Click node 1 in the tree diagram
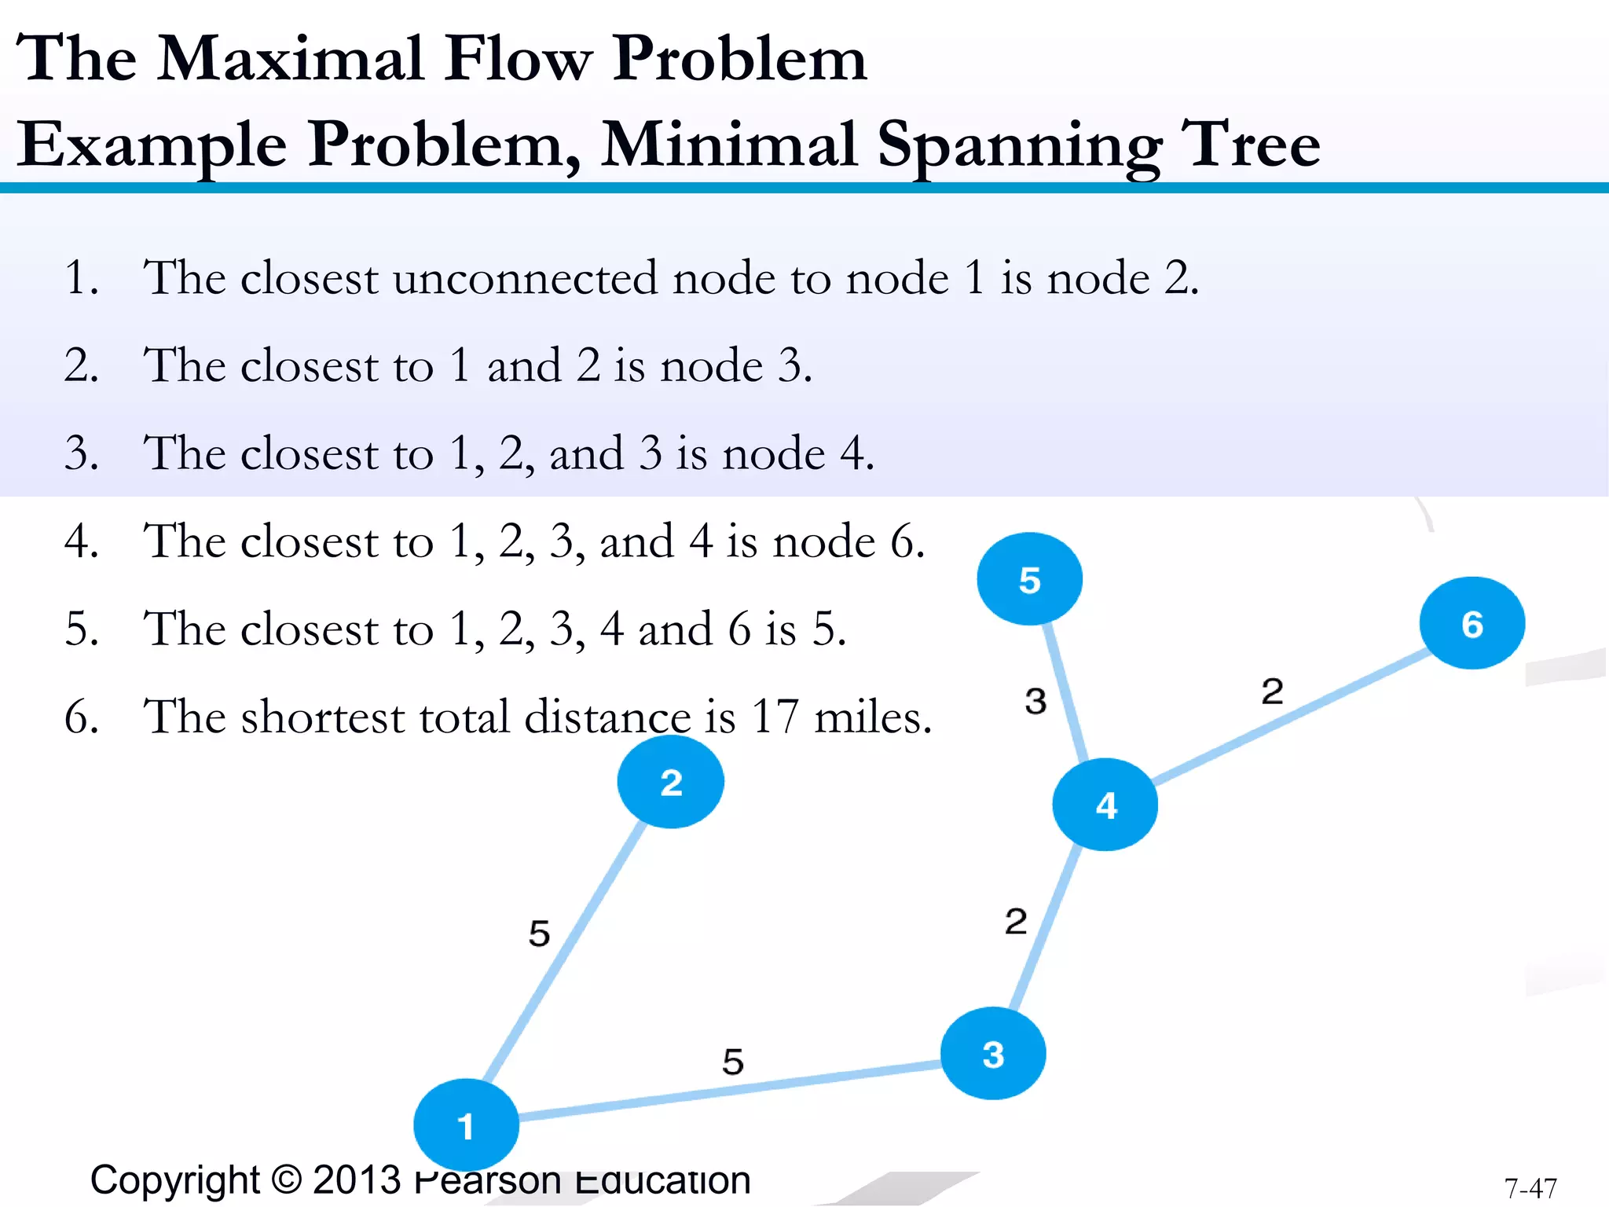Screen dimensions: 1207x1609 click(466, 1124)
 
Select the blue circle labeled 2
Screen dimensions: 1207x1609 click(670, 782)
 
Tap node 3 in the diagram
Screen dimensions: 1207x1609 click(993, 1053)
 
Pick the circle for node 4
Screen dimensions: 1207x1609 click(1105, 804)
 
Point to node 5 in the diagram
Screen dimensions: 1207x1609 click(1029, 579)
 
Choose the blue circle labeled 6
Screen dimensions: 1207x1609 click(1472, 623)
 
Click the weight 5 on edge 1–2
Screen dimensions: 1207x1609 click(539, 933)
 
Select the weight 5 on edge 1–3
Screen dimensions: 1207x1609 click(732, 1061)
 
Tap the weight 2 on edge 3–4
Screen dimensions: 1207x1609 click(1015, 920)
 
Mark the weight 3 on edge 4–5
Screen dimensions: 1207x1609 click(1035, 700)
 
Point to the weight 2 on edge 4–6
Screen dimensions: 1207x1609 click(1272, 691)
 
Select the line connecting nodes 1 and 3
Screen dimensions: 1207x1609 click(731, 1091)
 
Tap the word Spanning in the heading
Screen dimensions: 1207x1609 click(1019, 145)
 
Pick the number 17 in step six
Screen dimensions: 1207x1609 click(775, 716)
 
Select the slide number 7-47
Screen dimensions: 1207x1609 click(1530, 1187)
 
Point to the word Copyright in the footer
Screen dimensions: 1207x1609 click(174, 1180)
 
